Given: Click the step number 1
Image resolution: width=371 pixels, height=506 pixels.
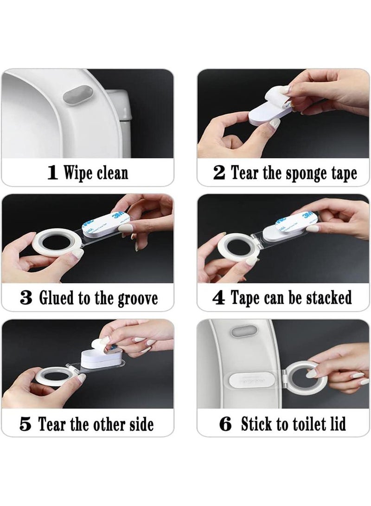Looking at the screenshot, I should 53,173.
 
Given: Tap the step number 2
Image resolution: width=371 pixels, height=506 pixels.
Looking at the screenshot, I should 219,173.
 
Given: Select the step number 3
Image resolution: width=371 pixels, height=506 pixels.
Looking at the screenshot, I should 26,298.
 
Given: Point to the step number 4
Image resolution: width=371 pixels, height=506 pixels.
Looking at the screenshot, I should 218,298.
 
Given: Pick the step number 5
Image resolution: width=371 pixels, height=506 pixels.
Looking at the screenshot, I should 26,424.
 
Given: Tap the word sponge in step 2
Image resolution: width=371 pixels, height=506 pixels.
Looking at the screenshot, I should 302,173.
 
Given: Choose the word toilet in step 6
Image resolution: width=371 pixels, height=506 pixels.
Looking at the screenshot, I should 307,424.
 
